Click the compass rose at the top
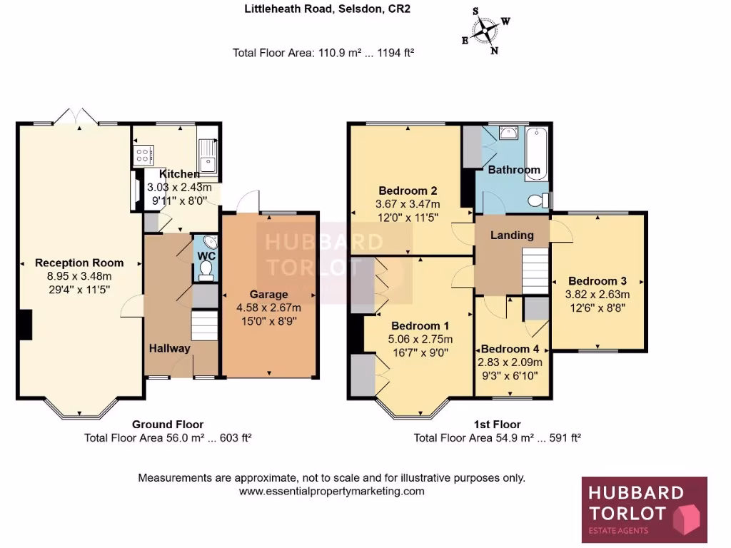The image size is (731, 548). pyautogui.click(x=485, y=30)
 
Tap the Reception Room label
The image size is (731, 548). pyautogui.click(x=79, y=263)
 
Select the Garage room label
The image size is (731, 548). pyautogui.click(x=268, y=294)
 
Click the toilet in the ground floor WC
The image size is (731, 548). pyautogui.click(x=206, y=268)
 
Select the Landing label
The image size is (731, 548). pyautogui.click(x=512, y=235)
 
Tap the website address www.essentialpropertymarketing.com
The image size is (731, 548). pyautogui.click(x=331, y=491)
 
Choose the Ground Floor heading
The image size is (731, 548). pyautogui.click(x=168, y=425)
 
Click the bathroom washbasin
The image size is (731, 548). pyautogui.click(x=508, y=133)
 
